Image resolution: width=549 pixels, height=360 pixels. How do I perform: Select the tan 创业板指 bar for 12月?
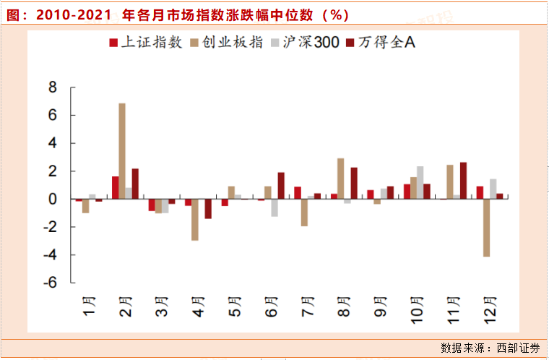(x=488, y=228)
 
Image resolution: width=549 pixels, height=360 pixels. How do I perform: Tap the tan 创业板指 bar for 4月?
(x=195, y=220)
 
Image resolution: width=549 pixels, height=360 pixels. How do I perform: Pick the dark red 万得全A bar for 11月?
(x=463, y=181)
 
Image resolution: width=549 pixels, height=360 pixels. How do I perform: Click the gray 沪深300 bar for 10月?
(x=420, y=183)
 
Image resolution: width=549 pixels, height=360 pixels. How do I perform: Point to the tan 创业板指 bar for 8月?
(x=341, y=179)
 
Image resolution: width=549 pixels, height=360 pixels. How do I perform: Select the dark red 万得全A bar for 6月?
(x=280, y=186)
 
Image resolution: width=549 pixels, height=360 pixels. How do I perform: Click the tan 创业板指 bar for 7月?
(x=305, y=213)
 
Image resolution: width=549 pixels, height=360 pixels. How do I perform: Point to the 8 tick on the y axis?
(x=51, y=87)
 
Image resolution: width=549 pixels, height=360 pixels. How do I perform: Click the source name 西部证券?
(x=518, y=348)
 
